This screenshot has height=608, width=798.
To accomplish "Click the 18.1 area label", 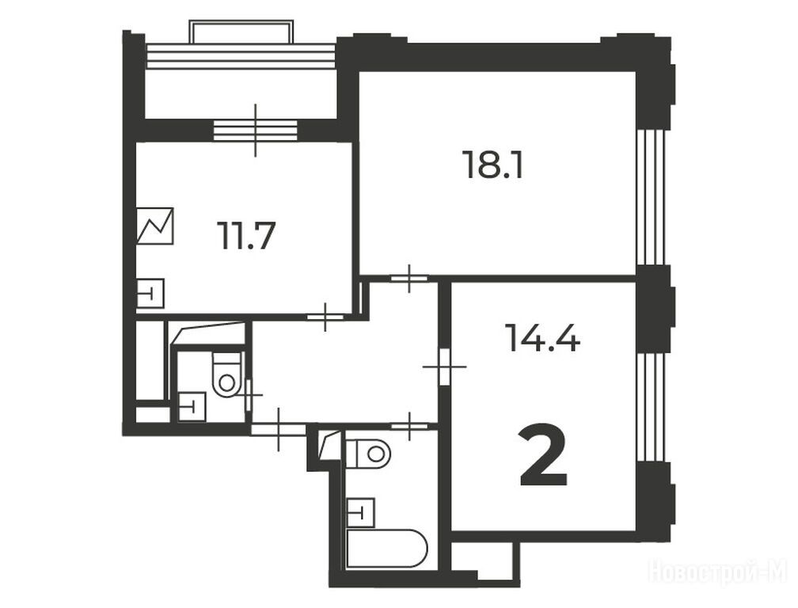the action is (x=493, y=164).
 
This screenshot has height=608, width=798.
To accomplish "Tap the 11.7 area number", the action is (x=245, y=236).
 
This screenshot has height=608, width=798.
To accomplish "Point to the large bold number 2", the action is (x=543, y=456).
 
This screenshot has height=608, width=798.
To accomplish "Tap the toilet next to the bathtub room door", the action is (x=368, y=452).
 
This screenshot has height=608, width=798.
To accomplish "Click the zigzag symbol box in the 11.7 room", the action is (x=155, y=226).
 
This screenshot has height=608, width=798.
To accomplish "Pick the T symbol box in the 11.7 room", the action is (x=150, y=294).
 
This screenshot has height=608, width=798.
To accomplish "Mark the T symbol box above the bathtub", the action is (x=360, y=512).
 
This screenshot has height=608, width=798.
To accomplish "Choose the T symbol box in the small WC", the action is (x=192, y=407).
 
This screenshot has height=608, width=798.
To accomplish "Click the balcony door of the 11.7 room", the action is (x=256, y=131).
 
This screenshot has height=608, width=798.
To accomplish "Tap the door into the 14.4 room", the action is (x=445, y=367).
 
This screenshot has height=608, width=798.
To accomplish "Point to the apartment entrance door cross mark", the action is (x=279, y=429).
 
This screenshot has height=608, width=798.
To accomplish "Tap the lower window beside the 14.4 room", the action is (x=652, y=407).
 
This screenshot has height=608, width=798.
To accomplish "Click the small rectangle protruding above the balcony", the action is (x=241, y=32).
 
